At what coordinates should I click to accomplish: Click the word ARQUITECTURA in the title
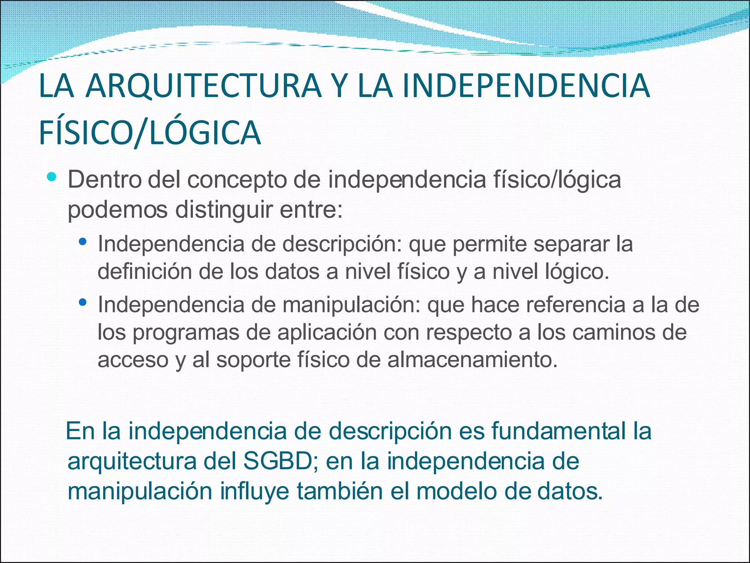tap(203, 86)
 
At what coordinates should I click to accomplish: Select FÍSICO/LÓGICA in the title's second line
tap(149, 133)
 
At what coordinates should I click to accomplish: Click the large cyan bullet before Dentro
tap(52, 177)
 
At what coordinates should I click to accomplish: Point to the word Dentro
tap(104, 180)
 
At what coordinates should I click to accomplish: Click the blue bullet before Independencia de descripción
tap(83, 242)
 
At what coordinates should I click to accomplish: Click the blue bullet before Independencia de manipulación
tap(83, 302)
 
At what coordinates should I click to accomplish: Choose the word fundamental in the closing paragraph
tap(558, 431)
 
